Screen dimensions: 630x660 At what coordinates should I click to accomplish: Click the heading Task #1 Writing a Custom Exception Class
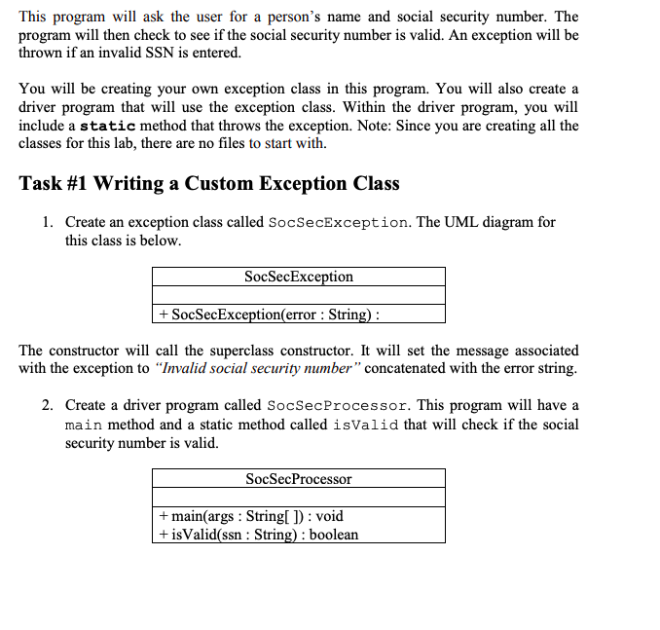(x=209, y=183)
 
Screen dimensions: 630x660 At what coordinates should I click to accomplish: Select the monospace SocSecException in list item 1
(x=338, y=222)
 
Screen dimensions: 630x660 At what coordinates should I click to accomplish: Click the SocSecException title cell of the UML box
(x=299, y=277)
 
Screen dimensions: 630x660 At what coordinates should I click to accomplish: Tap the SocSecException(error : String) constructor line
(x=269, y=314)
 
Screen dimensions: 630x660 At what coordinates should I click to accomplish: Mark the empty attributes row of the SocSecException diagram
(x=299, y=295)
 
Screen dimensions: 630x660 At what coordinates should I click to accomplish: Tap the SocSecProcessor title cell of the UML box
(x=299, y=478)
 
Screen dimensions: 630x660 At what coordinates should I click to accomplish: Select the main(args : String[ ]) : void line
(x=250, y=516)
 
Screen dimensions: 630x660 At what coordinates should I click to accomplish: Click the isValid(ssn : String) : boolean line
(x=258, y=534)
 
